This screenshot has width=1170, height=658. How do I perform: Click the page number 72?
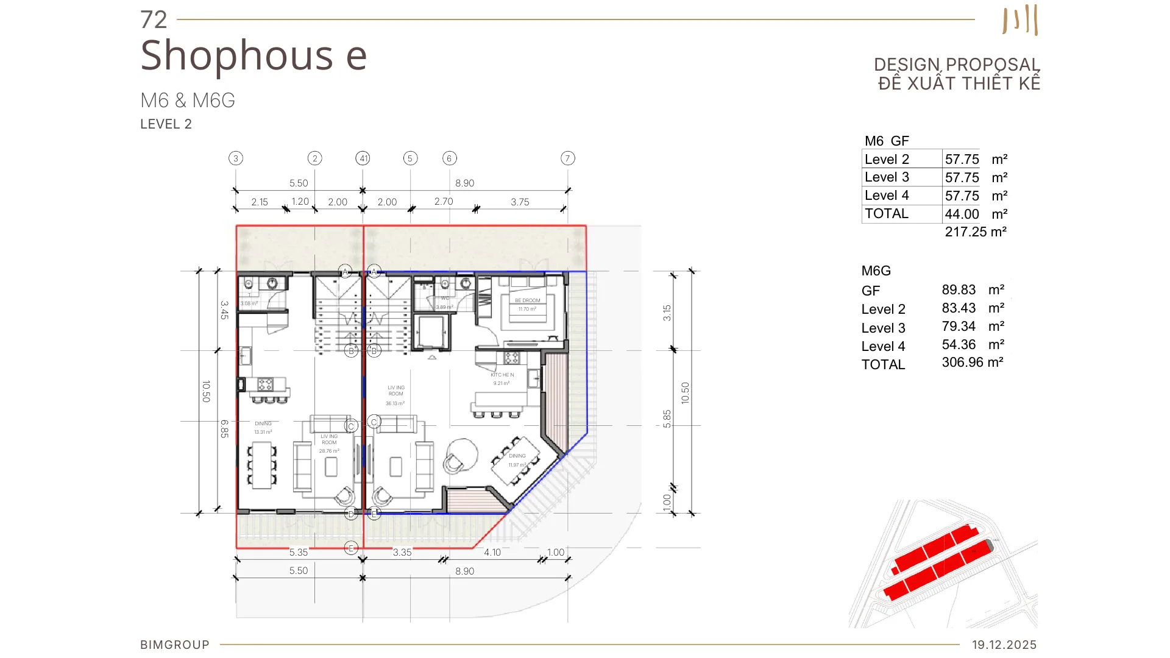click(153, 20)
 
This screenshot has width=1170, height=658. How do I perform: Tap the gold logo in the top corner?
click(1020, 20)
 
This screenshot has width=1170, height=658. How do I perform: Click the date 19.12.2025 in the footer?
click(1004, 645)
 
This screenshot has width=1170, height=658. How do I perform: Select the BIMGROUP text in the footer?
click(175, 645)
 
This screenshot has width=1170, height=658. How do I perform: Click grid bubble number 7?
click(567, 158)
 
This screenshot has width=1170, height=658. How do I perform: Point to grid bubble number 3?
click(236, 158)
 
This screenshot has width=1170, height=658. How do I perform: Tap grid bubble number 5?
click(410, 158)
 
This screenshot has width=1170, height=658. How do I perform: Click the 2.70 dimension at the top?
click(444, 202)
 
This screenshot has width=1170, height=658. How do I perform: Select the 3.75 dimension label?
click(520, 202)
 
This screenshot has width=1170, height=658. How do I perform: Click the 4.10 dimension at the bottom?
click(492, 553)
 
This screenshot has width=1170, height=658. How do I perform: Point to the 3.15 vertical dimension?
click(667, 313)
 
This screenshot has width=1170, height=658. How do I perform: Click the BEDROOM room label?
click(527, 301)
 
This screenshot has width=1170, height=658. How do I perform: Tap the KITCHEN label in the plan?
click(502, 375)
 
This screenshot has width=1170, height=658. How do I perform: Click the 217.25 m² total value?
click(975, 232)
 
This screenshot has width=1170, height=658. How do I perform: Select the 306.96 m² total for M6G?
click(972, 363)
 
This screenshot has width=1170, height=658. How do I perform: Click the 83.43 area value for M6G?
click(959, 308)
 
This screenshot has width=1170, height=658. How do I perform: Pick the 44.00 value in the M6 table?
click(962, 214)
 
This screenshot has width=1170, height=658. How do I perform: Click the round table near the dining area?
click(462, 455)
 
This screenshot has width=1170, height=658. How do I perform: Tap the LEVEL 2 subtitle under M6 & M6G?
click(166, 124)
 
